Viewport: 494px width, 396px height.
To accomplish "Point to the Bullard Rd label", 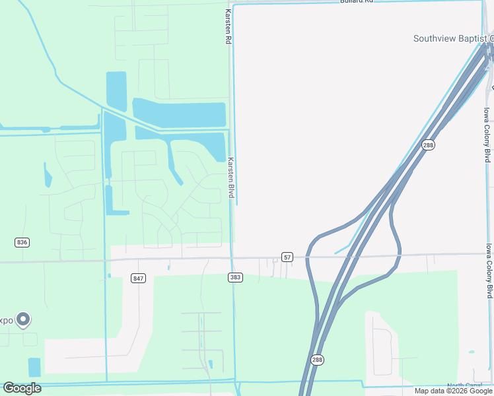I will [357, 2].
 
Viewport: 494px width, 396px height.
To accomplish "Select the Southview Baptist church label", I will [453, 38].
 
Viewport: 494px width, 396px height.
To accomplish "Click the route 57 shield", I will [287, 256].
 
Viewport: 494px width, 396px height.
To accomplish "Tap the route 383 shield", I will [235, 277].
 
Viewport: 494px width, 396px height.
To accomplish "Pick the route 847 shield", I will [137, 278].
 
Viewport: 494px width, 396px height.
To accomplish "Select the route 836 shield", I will [22, 242].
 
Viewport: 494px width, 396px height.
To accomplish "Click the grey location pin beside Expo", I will [23, 319].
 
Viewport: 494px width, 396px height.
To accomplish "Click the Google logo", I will [22, 388].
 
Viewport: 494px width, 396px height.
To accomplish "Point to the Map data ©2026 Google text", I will [453, 391].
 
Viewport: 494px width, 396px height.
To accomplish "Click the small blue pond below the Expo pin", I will [34, 367].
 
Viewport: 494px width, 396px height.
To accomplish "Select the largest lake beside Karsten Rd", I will [179, 113].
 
